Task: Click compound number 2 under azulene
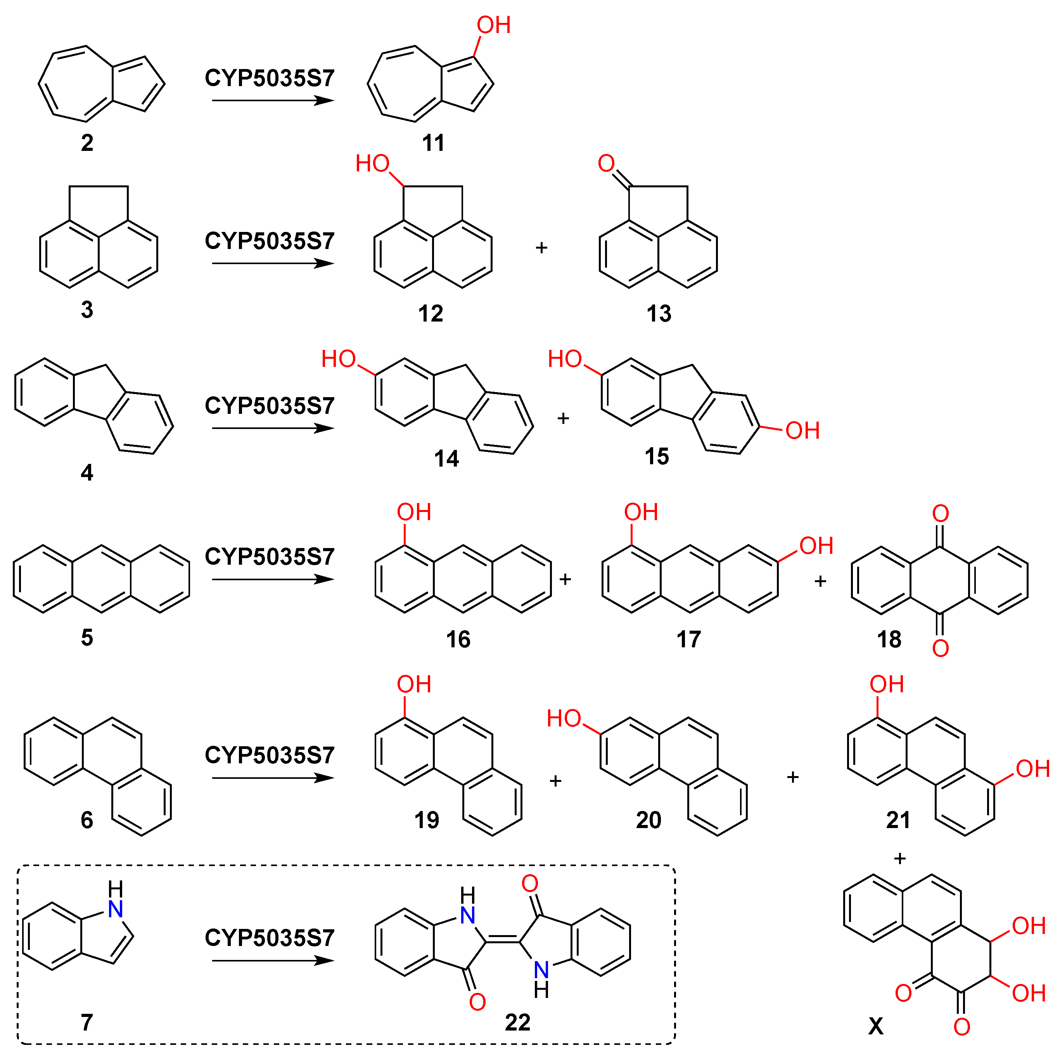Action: tap(87, 143)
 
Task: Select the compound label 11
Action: tap(433, 143)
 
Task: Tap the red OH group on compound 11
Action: tap(493, 25)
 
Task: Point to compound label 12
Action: tap(430, 314)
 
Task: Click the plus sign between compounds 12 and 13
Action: tap(541, 248)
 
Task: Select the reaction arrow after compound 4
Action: tap(273, 428)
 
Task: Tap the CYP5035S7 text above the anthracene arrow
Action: tap(270, 557)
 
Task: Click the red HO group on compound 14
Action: tap(339, 360)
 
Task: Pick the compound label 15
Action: tap(657, 457)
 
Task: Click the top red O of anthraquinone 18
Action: tap(941, 514)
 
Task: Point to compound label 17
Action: tap(688, 640)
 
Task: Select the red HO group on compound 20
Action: tap(564, 719)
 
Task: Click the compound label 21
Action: tap(898, 820)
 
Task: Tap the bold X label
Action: tap(876, 1025)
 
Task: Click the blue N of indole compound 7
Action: tap(115, 910)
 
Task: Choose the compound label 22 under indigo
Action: tap(517, 1023)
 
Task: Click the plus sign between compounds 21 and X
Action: tap(900, 859)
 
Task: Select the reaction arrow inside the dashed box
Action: tap(273, 961)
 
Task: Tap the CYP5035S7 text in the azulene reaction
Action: tap(270, 78)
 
